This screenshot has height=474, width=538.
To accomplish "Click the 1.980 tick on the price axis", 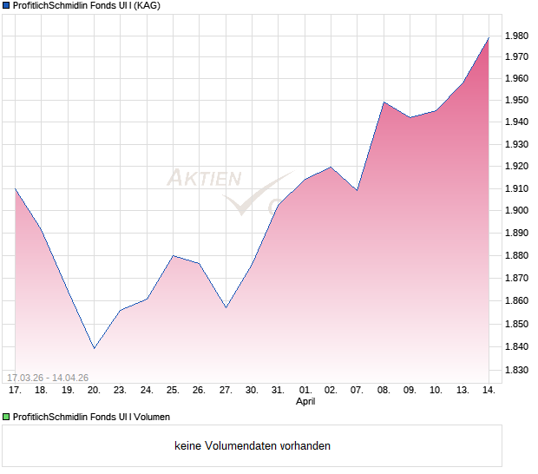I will click(517, 36).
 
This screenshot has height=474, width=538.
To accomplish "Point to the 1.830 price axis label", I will click(517, 370).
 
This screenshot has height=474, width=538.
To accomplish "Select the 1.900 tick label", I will click(517, 210).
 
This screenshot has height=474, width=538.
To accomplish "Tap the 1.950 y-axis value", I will click(517, 100).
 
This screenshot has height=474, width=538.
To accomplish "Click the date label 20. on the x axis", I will click(94, 391).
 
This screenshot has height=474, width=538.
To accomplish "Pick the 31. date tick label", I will click(278, 391).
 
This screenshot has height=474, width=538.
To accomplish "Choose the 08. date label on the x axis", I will click(384, 391).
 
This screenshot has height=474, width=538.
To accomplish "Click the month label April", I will click(305, 402).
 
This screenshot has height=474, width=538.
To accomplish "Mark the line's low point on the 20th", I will click(94, 348).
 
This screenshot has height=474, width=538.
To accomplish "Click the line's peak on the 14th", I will click(489, 37).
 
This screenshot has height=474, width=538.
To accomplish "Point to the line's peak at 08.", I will click(384, 102).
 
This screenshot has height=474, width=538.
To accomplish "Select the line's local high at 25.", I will click(173, 255).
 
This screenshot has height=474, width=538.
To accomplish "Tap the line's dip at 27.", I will click(226, 307).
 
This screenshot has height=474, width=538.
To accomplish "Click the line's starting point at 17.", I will click(16, 188).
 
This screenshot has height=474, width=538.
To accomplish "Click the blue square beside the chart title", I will click(7, 6).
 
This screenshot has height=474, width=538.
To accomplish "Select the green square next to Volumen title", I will click(7, 417).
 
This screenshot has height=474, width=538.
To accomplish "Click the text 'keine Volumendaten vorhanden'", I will click(253, 446).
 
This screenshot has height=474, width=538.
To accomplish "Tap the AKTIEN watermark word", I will click(204, 179).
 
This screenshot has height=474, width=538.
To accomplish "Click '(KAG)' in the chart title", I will click(144, 6).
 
